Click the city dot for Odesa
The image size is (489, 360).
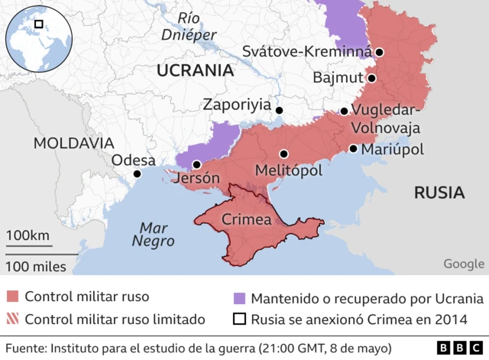pos(137,174)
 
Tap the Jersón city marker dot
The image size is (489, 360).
pos(196,164)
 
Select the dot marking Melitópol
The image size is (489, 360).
pos(283,154)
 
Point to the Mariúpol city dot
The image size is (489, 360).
pos(353,149)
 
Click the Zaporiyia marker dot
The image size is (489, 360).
pos(279,111)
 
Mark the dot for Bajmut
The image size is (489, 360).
pos(371,78)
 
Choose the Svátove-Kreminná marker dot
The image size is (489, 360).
pos(379,53)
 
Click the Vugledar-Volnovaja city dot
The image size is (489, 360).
pos(345,111)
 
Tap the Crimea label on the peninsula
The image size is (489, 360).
pos(246,220)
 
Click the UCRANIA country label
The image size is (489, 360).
pos(194,71)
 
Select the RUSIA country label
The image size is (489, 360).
pos(439,193)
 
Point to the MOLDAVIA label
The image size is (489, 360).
pos(73,143)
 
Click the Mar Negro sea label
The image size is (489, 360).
pos(153,234)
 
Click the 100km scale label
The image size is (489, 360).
pos(28,235)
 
